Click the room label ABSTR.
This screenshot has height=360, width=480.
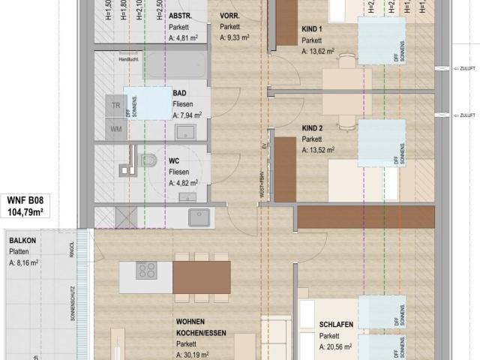click(x=180, y=16)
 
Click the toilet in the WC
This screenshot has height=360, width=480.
click(x=146, y=160)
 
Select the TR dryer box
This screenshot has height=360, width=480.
click(x=116, y=106)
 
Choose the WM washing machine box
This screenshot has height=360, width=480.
click(x=116, y=129)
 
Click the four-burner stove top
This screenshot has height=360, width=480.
click(x=147, y=270)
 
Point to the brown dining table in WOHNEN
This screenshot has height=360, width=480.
click(x=202, y=277)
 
